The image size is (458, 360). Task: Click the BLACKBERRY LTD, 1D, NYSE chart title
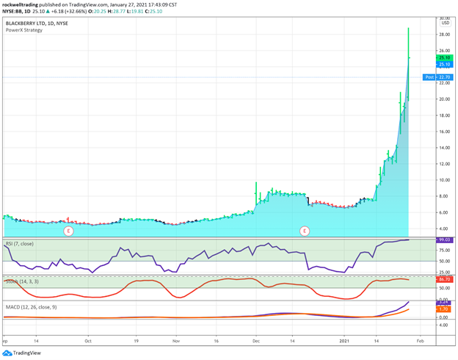click(x=34, y=23)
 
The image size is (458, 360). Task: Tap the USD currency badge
click(x=444, y=23)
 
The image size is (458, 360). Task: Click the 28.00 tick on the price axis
click(x=444, y=35)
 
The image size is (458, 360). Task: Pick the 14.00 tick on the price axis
click(x=444, y=148)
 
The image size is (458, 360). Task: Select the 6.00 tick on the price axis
click(x=444, y=212)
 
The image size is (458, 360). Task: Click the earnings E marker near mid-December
click(x=305, y=231)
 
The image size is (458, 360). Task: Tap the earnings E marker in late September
click(x=68, y=231)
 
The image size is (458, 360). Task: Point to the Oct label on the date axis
click(x=88, y=341)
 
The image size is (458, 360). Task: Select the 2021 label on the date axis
click(x=346, y=341)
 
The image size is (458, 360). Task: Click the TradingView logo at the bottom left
click(x=22, y=353)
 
